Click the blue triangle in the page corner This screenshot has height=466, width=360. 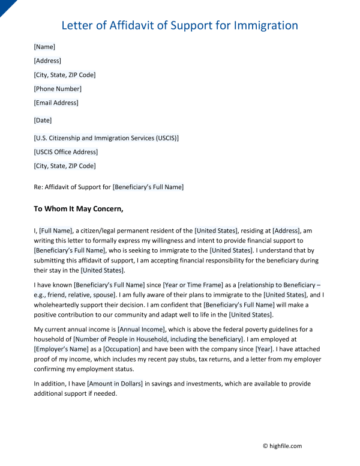(5, 5)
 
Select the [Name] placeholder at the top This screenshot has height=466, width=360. (44, 46)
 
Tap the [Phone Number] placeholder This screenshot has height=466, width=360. (58, 89)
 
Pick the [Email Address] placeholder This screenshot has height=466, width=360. (56, 103)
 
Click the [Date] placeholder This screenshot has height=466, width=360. (43, 120)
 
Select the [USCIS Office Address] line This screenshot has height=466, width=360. (65, 152)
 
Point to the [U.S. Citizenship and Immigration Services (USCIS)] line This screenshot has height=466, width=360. (106, 138)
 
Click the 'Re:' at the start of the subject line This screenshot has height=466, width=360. (38, 187)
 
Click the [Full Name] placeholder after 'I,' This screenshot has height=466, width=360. (56, 230)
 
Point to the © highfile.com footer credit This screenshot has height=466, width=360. (282, 446)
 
